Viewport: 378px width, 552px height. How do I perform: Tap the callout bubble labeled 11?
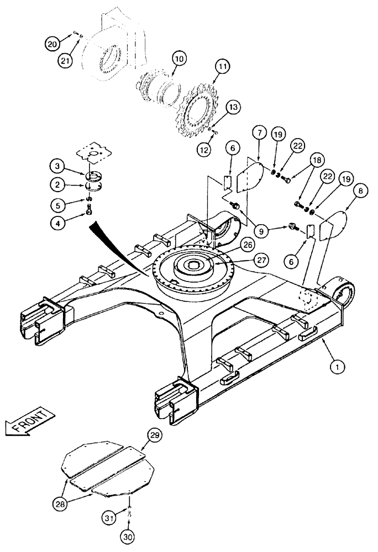222,67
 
